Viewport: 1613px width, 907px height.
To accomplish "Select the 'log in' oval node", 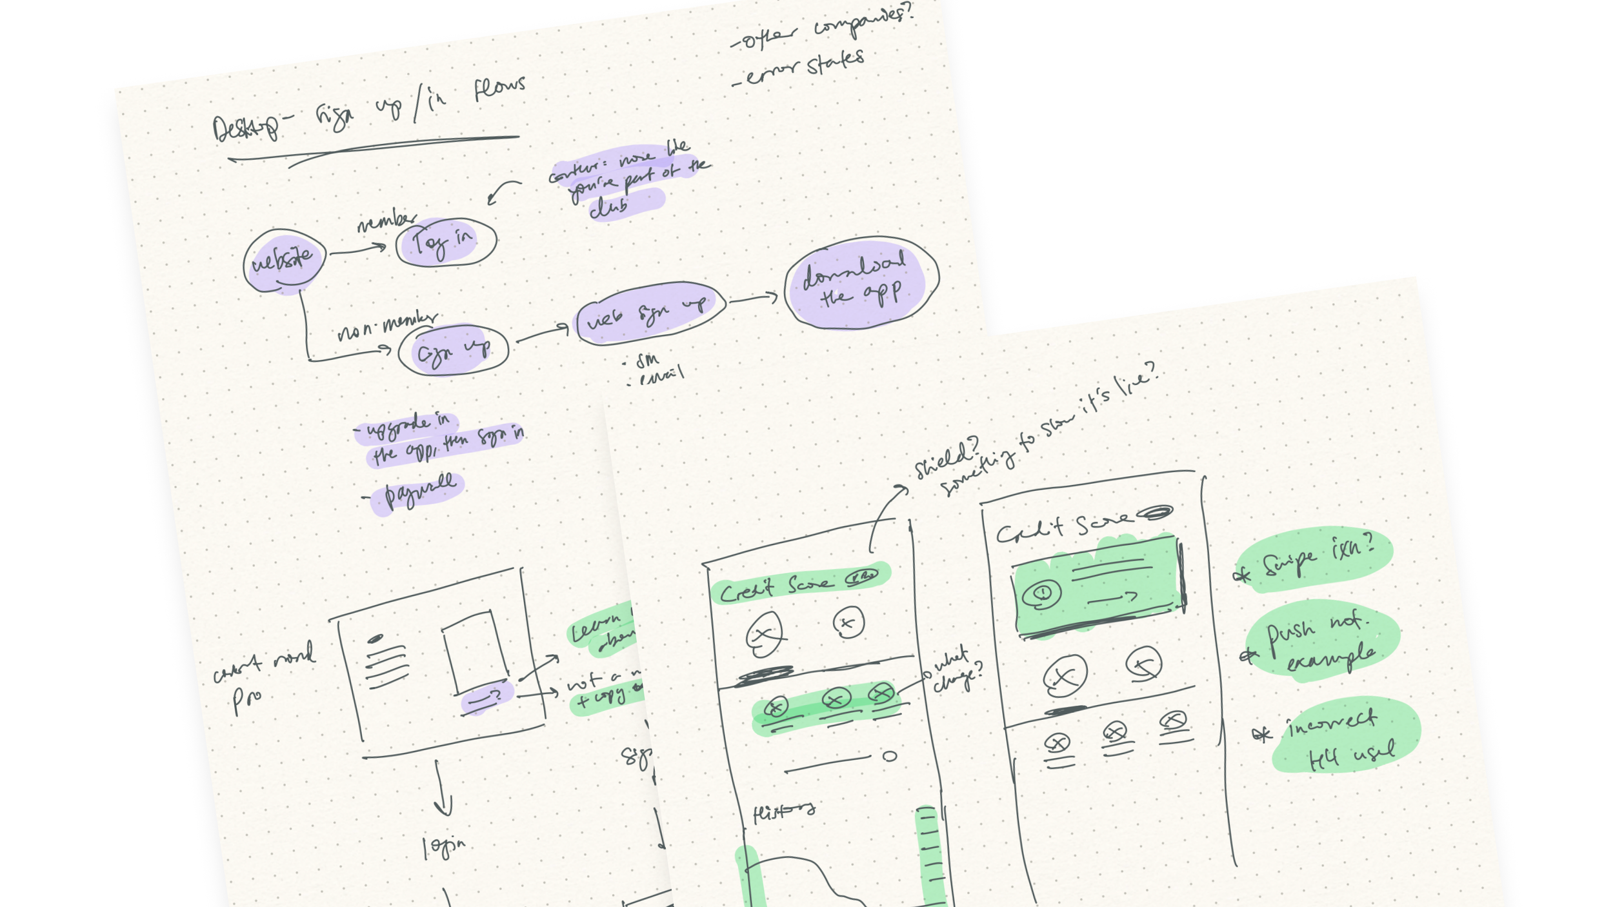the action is (x=445, y=243).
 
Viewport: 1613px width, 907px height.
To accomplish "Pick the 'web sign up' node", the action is (x=648, y=313).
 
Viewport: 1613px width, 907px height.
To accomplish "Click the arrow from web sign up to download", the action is (x=754, y=298).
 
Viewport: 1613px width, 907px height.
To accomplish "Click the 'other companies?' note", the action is (x=826, y=27).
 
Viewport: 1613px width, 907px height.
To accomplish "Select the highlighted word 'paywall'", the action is (x=419, y=492).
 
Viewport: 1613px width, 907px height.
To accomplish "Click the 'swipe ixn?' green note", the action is (x=1316, y=556).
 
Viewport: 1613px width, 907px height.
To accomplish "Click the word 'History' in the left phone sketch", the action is (x=784, y=812).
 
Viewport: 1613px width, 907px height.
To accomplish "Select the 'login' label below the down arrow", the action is (x=444, y=846).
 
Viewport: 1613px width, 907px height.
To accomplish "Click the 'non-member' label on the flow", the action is (x=387, y=326).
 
